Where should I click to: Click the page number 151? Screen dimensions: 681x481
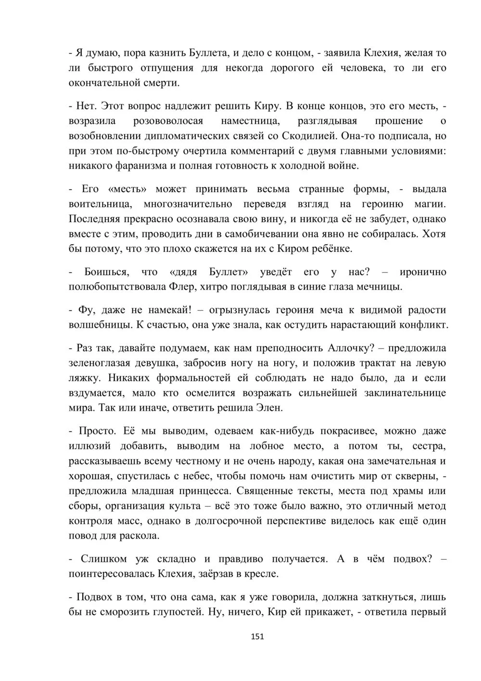pyautogui.click(x=257, y=637)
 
